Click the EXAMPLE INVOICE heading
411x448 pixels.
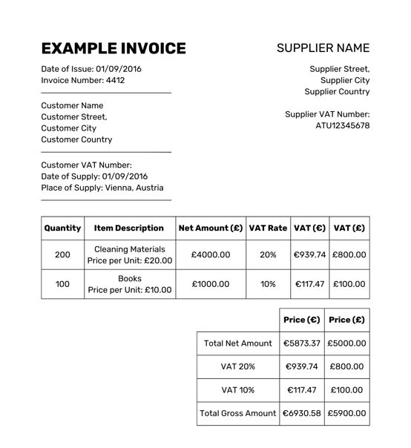(x=114, y=49)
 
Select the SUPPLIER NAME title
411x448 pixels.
(x=323, y=48)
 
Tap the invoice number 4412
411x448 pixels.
(x=115, y=80)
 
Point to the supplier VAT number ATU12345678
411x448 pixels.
(x=342, y=125)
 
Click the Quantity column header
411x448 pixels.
(x=62, y=228)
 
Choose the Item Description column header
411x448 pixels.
(x=129, y=228)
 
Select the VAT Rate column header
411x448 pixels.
(x=268, y=228)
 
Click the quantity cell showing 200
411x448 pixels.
(x=62, y=254)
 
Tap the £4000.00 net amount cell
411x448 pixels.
(x=211, y=254)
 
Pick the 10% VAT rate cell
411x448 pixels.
(x=268, y=283)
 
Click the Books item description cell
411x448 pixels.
(x=129, y=283)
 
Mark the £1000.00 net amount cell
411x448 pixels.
(x=211, y=283)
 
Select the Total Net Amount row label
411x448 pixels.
(x=237, y=343)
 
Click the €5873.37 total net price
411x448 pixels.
(x=301, y=343)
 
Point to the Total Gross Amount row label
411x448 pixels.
(x=237, y=412)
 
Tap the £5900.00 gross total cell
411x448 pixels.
(x=346, y=412)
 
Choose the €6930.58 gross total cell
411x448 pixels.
(x=301, y=412)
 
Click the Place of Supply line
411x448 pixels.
(x=102, y=188)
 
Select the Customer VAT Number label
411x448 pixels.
(x=86, y=165)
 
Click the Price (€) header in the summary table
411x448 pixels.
(x=301, y=320)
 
